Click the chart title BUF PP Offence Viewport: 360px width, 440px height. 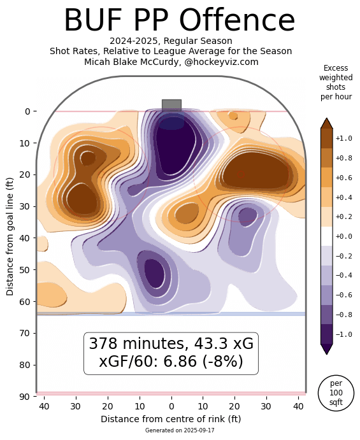pos(179,20)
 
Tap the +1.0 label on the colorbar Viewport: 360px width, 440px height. pos(344,138)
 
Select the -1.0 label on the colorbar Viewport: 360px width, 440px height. pos(344,334)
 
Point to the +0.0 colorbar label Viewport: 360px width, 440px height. pos(344,236)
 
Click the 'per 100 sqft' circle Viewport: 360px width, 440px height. pos(336,392)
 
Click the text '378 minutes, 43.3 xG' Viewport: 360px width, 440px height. pos(171,344)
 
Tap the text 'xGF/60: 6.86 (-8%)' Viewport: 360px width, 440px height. pos(171,362)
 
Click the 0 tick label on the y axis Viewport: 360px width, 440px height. pos(28,111)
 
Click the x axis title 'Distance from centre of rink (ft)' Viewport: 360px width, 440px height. pos(171,419)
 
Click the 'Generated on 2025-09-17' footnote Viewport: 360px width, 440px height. pos(171,430)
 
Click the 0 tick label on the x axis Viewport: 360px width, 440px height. pos(171,406)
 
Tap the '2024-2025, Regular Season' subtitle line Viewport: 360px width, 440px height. pos(171,41)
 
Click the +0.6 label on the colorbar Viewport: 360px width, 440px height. pos(344,178)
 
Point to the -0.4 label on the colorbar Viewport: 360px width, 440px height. pos(344,275)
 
